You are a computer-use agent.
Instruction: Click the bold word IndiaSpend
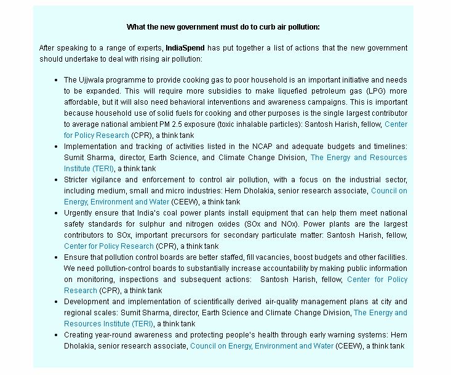pyautogui.click(x=186, y=48)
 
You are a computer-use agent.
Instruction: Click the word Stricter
pyautogui.click(x=78, y=180)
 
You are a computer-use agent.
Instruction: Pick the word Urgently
pyautogui.click(x=79, y=213)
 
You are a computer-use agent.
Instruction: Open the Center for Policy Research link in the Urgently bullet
pyautogui.click(x=108, y=246)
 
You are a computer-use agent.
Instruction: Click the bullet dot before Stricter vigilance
pyautogui.click(x=56, y=180)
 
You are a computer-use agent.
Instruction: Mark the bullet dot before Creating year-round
pyautogui.click(x=56, y=335)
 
